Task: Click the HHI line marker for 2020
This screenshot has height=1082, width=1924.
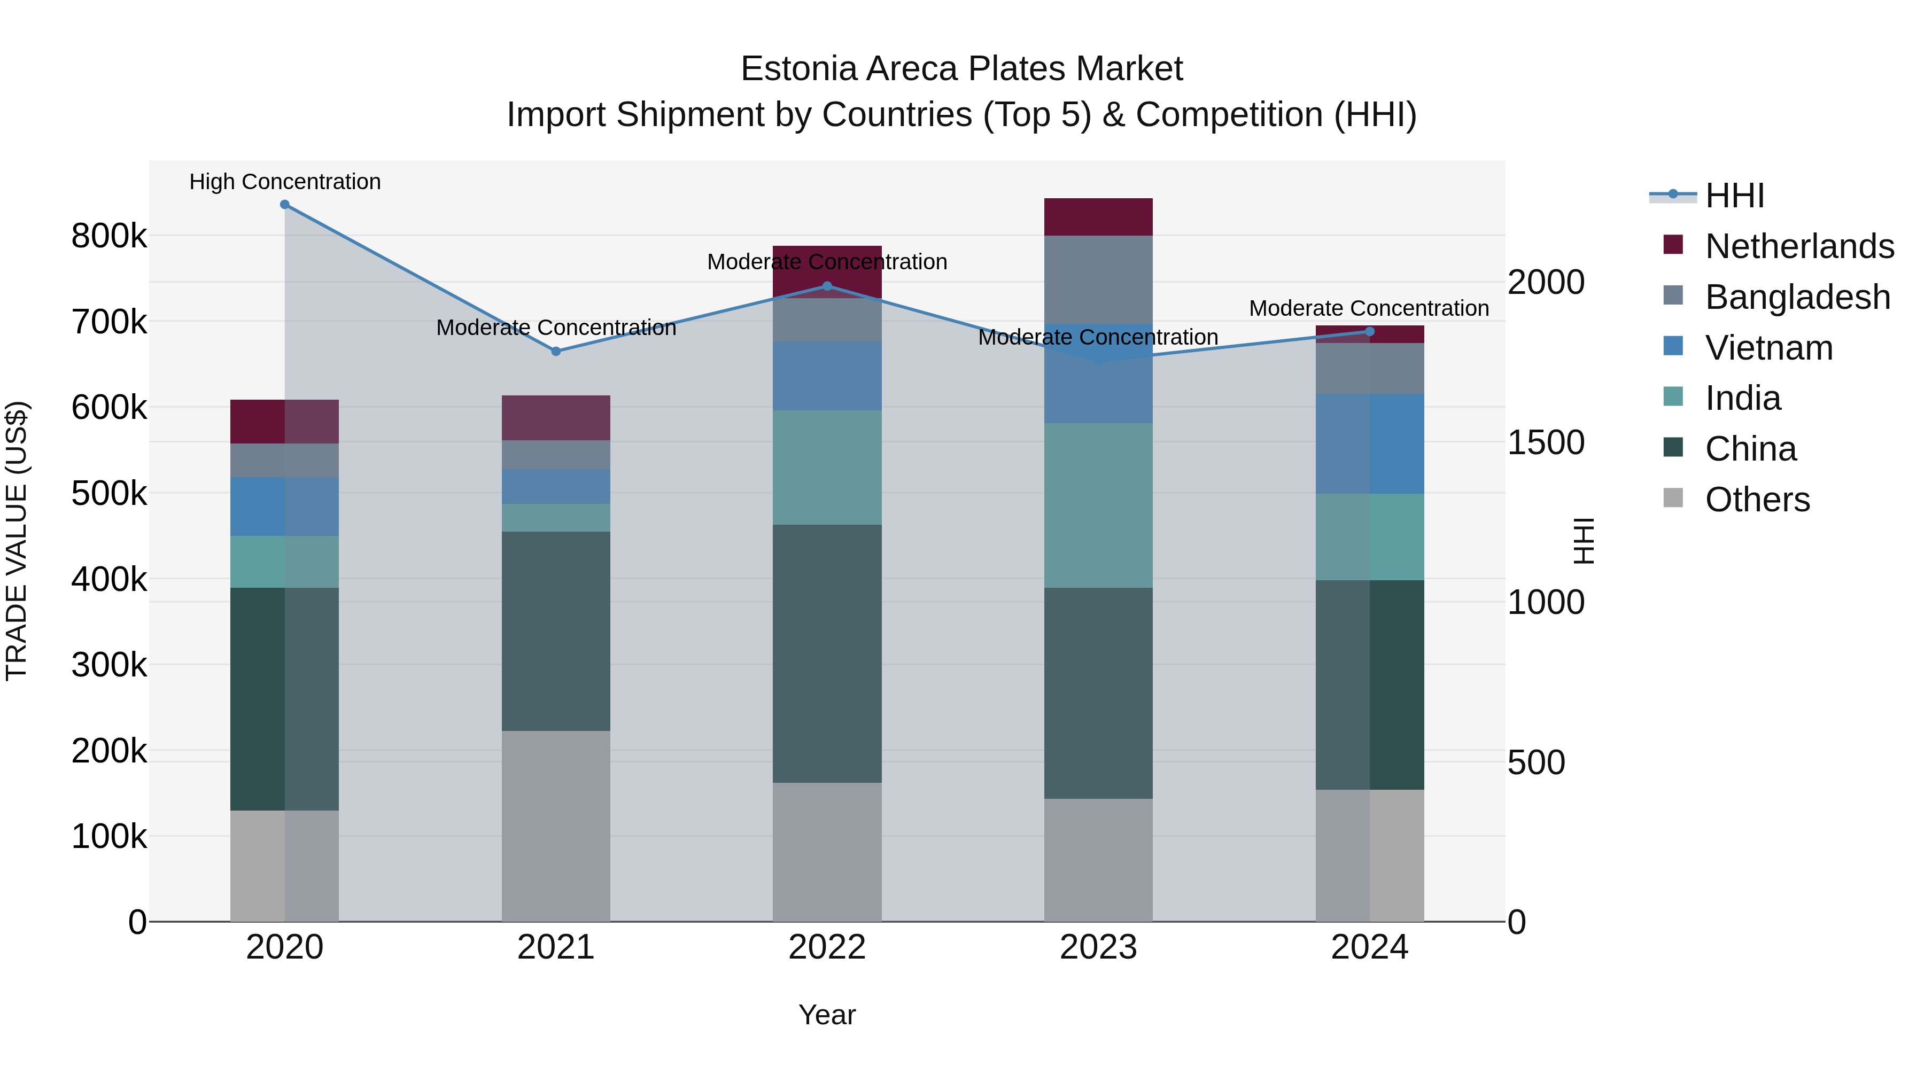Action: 284,205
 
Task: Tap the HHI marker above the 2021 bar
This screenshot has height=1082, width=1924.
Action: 556,351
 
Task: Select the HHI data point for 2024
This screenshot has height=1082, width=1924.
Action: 1369,331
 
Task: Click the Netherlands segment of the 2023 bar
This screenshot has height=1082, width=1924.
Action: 1098,217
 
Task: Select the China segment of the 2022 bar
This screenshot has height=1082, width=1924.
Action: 827,653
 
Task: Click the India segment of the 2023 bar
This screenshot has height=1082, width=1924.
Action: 1098,505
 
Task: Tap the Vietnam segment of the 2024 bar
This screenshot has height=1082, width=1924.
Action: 1369,443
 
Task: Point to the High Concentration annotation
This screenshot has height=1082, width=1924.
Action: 284,182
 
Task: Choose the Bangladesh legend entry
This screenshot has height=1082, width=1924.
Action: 1797,297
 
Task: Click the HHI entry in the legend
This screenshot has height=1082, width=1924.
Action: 1734,196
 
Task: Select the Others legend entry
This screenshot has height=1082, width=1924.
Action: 1757,500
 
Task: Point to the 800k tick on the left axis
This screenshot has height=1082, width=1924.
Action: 109,236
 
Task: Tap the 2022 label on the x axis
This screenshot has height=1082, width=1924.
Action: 827,947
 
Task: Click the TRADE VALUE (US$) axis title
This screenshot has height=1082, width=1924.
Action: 17,541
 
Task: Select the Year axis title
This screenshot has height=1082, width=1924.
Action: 827,1015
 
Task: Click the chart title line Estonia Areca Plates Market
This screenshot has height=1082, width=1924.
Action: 961,69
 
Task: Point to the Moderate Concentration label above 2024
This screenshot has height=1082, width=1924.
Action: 1369,308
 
